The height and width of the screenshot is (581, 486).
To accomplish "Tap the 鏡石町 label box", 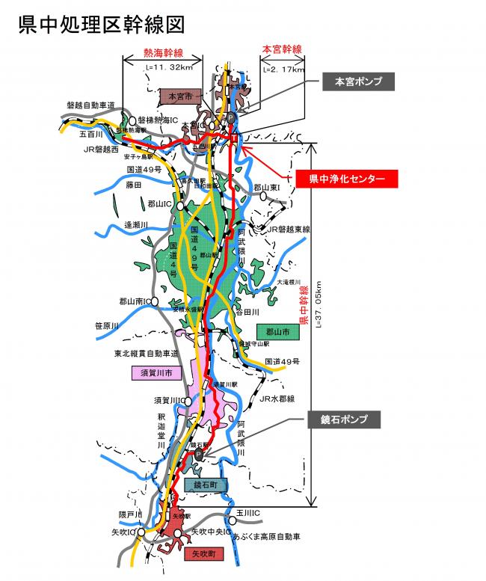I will tap(205, 485).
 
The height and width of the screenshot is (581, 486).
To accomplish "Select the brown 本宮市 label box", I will tap(181, 96).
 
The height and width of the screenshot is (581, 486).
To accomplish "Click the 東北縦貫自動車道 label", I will tap(147, 352).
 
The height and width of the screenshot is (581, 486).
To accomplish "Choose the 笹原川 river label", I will tap(107, 325).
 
